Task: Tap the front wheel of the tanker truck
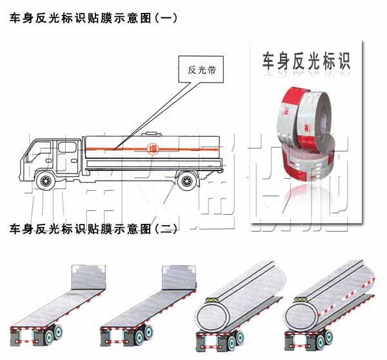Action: (x=46, y=180)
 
